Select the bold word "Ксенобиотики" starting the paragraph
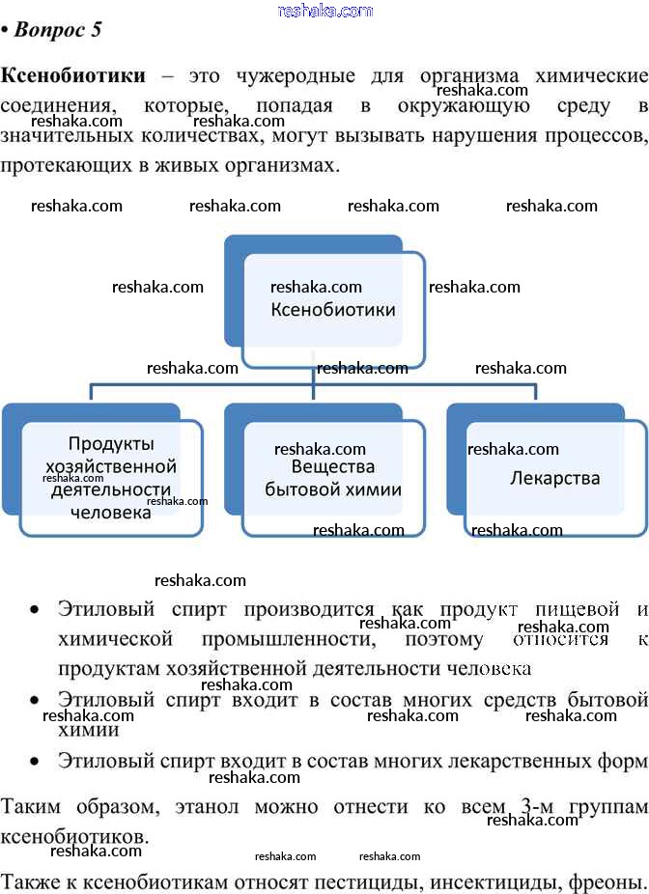pos(73,76)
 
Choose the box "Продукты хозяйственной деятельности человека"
pos(111,478)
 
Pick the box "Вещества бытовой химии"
pos(333,479)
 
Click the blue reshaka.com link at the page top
pos(324,11)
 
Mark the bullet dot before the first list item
pos(35,611)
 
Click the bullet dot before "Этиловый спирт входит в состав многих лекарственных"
pos(35,762)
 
